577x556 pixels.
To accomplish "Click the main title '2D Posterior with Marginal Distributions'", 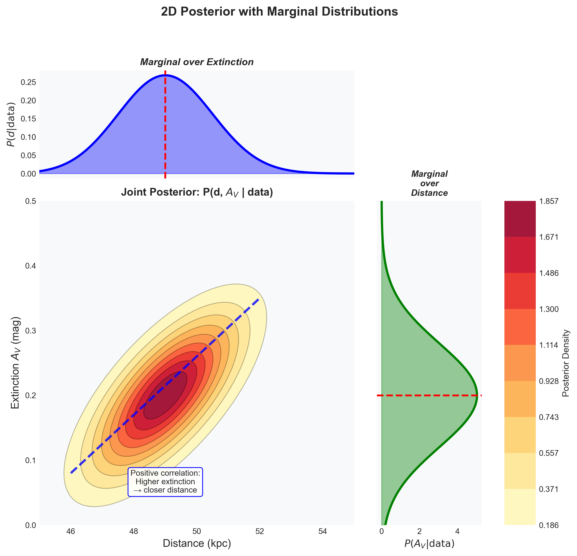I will pyautogui.click(x=279, y=12).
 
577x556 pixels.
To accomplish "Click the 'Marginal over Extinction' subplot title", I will pyautogui.click(x=197, y=62).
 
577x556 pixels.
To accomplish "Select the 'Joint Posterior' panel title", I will pyautogui.click(x=197, y=193).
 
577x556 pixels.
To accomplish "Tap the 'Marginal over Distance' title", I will pyautogui.click(x=429, y=183).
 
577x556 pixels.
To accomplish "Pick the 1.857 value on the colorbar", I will pyautogui.click(x=548, y=201).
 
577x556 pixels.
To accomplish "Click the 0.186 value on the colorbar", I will pyautogui.click(x=548, y=525).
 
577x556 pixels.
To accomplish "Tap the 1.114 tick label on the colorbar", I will pyautogui.click(x=548, y=345).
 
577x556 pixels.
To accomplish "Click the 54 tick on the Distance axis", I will pyautogui.click(x=323, y=531).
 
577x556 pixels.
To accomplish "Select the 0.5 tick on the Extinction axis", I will pyautogui.click(x=30, y=201).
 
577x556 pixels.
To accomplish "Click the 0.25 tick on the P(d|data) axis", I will pyautogui.click(x=28, y=82).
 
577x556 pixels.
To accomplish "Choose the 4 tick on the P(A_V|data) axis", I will pyautogui.click(x=457, y=531).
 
